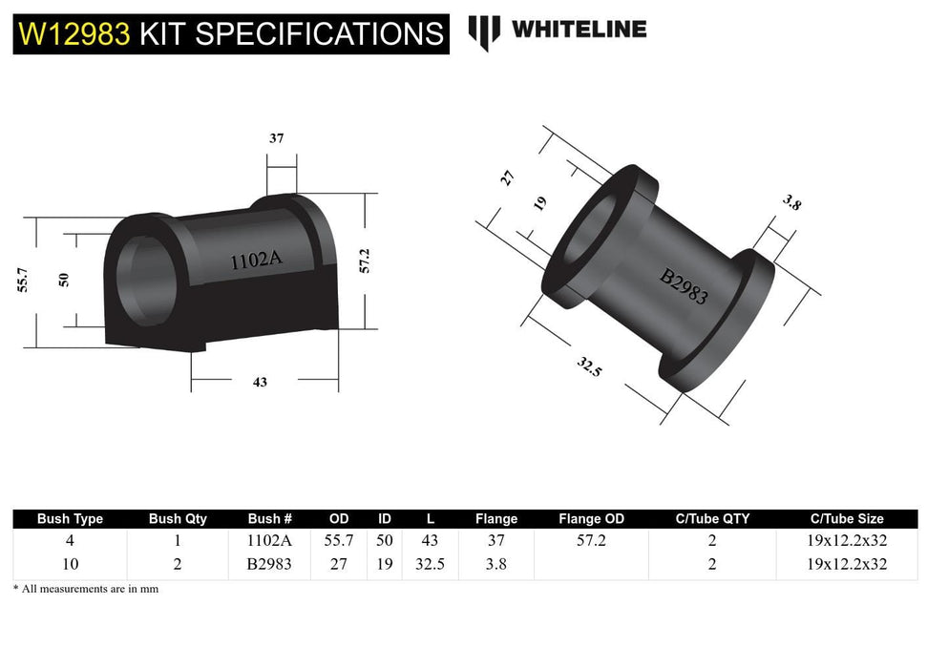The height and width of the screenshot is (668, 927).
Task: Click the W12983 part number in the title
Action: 74,34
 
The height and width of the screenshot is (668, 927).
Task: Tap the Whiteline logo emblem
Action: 484,31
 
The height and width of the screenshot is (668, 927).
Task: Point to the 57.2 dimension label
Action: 364,261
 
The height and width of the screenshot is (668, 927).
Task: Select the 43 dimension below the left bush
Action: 260,382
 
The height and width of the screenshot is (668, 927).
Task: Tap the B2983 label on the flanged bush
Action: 685,285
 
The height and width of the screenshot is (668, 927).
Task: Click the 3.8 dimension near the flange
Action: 791,203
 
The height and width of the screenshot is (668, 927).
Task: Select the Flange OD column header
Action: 591,519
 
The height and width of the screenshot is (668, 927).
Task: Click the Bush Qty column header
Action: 178,519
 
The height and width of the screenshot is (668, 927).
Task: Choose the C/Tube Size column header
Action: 846,519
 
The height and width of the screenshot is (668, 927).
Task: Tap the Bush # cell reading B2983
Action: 269,564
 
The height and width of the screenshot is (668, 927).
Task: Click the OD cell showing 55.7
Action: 339,540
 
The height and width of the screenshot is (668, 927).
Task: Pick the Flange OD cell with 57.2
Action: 591,540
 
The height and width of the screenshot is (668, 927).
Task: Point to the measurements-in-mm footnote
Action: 86,589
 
